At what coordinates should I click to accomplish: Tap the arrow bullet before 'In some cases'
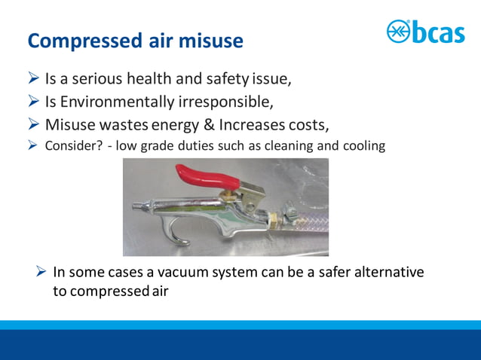[43, 272]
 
